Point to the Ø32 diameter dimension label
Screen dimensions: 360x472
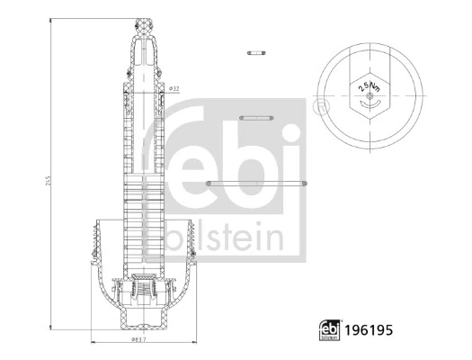[x=174, y=89]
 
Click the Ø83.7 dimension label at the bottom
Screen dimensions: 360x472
[x=138, y=342]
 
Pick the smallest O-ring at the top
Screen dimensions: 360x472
[x=258, y=53]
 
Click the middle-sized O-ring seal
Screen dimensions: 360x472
[x=258, y=117]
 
